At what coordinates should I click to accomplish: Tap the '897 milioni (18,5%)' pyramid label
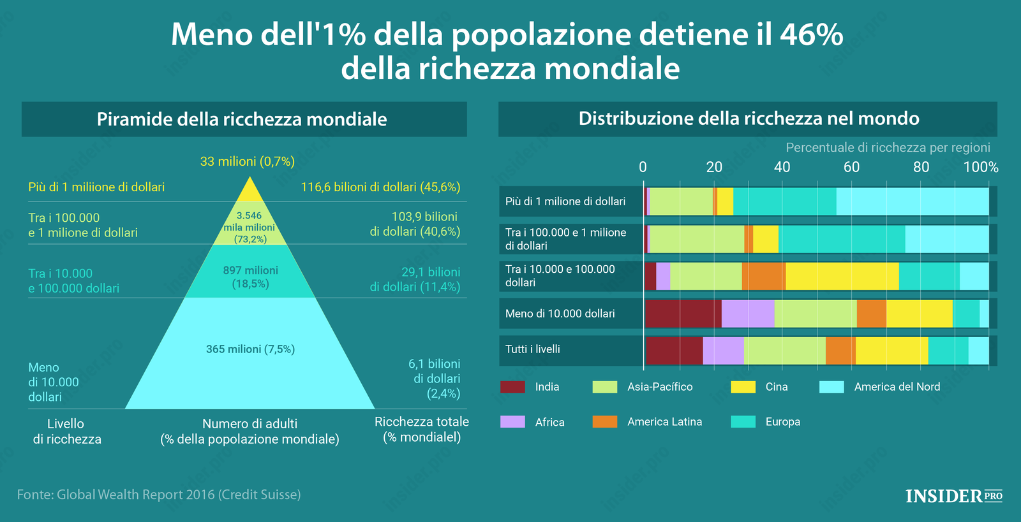(x=250, y=277)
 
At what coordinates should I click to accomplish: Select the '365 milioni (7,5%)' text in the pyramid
(x=250, y=349)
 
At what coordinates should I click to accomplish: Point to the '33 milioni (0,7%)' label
(x=247, y=161)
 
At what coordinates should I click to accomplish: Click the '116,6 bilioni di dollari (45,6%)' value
(x=380, y=187)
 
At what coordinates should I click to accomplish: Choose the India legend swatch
(x=512, y=387)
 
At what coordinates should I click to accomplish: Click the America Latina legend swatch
(x=604, y=422)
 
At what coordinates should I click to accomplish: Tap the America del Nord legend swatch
(x=831, y=387)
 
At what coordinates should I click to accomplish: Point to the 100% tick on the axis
(x=981, y=167)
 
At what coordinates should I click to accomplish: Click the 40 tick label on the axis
(x=782, y=167)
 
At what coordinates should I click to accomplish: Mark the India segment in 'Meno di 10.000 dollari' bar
(x=683, y=314)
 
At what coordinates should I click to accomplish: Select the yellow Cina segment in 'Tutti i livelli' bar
(x=891, y=351)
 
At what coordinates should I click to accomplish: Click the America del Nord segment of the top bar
(x=913, y=201)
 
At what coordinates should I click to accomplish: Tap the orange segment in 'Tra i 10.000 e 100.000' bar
(x=764, y=276)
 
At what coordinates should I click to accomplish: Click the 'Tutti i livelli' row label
(x=533, y=349)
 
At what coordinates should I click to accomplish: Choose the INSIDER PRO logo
(x=954, y=496)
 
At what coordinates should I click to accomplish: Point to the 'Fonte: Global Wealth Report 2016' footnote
(x=159, y=495)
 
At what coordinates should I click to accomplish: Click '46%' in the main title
(x=811, y=34)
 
